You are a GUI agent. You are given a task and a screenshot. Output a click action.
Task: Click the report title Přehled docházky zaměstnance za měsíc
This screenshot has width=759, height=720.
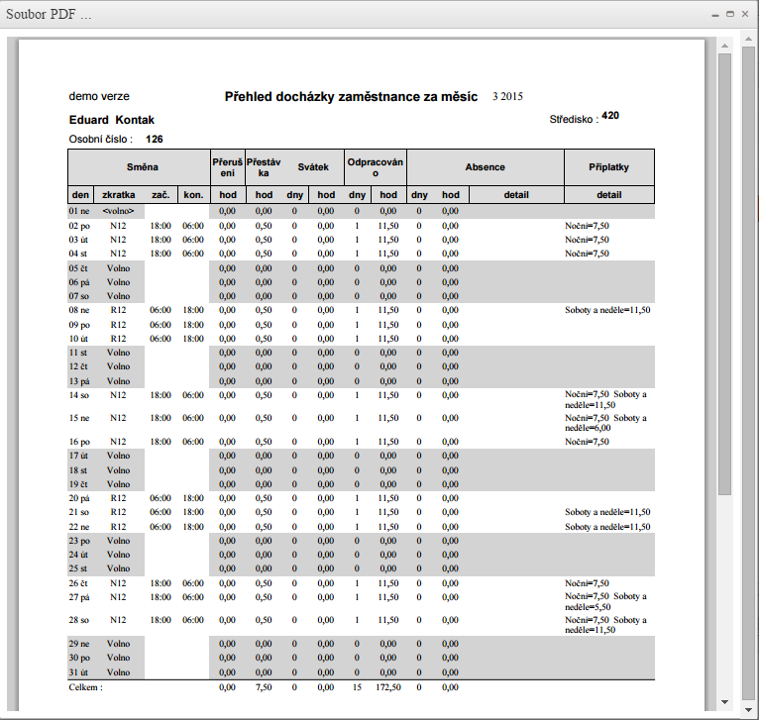[x=352, y=97]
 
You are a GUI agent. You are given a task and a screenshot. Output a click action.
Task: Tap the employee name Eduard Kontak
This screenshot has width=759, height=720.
[x=112, y=120]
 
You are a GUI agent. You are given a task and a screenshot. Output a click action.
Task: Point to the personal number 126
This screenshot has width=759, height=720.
[x=155, y=139]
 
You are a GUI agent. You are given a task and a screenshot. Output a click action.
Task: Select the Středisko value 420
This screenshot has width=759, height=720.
[x=610, y=116]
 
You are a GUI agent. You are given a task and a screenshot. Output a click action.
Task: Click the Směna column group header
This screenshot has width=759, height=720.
[x=139, y=167]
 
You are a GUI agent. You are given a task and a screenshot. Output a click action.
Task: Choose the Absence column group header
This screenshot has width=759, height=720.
[x=486, y=167]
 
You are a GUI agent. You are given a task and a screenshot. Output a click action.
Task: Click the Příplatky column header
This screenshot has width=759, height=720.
[x=609, y=167]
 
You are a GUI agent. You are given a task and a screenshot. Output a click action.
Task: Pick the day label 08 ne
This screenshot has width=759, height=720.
[x=80, y=310]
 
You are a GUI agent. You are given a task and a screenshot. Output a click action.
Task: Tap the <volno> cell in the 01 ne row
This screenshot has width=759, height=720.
[x=118, y=211]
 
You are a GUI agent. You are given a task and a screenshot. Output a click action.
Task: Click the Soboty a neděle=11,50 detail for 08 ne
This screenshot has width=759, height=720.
[x=608, y=310]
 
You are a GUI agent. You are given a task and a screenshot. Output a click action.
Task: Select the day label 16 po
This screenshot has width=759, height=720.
[x=80, y=442]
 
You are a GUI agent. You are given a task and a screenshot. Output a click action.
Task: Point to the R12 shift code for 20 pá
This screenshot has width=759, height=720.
[x=118, y=498]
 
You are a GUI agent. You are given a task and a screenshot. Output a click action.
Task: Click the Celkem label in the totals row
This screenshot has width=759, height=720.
[x=85, y=686]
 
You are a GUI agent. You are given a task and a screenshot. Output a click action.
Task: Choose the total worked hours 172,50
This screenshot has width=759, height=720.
[x=388, y=686]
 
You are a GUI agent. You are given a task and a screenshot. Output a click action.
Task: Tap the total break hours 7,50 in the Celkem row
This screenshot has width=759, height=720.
[x=265, y=686]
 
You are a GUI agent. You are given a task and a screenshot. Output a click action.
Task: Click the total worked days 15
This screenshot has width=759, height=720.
[x=357, y=686]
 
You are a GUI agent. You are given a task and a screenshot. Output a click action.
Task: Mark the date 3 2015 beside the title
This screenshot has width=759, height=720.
[x=507, y=97]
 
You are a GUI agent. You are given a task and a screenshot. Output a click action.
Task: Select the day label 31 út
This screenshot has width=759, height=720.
[x=80, y=672]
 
